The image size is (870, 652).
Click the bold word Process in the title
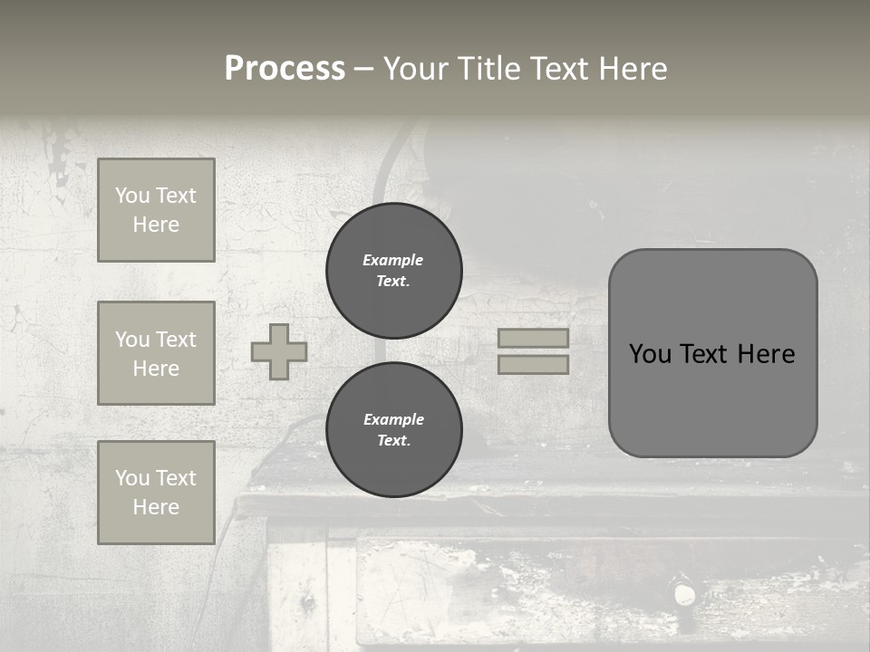[x=285, y=69]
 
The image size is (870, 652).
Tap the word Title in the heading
[x=488, y=69]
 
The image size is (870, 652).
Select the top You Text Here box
[x=156, y=210]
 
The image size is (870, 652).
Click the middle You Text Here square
[x=156, y=353]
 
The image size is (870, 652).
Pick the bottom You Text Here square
[x=156, y=493]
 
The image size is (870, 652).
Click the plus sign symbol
[x=279, y=351]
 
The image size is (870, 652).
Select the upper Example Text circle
[x=394, y=271]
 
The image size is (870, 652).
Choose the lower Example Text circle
[x=394, y=430]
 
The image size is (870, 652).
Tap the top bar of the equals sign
[x=534, y=339]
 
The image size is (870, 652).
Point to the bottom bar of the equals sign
[x=534, y=364]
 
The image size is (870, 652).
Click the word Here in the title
[x=631, y=69]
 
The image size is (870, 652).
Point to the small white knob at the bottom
[x=683, y=594]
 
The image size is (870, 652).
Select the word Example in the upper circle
[x=393, y=260]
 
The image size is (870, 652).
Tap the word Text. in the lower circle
[x=393, y=441]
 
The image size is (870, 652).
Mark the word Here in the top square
[x=156, y=225]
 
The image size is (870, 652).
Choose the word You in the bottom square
[x=131, y=478]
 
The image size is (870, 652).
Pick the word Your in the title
[x=416, y=69]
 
